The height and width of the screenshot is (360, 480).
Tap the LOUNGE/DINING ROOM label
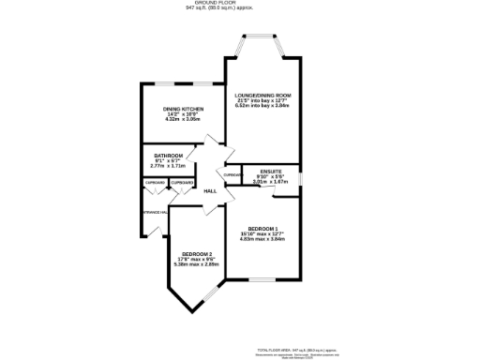coord(262,96)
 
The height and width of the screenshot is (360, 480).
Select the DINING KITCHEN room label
coord(184,109)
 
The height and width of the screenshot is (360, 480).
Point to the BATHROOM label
coord(168,156)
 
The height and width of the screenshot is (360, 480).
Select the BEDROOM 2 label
coord(197,254)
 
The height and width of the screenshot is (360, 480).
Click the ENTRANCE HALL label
coord(153,213)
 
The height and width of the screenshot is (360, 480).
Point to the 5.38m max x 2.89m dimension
coord(197,264)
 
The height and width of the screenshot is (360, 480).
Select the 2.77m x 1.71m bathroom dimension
coord(168,166)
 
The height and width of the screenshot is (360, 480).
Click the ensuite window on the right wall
coord(301,176)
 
